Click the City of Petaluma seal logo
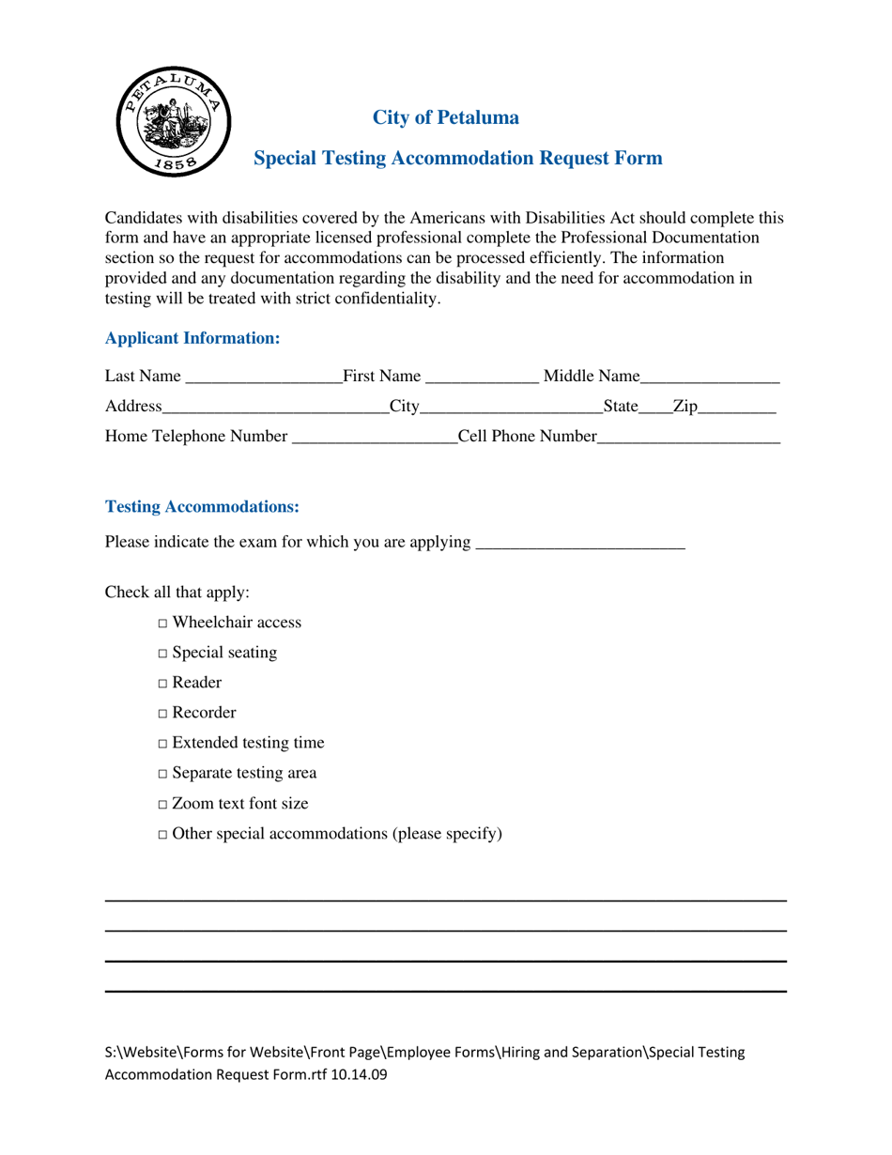pyautogui.click(x=173, y=123)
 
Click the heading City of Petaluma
pyautogui.click(x=445, y=118)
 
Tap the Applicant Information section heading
pyautogui.click(x=192, y=338)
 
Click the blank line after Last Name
pyautogui.click(x=264, y=378)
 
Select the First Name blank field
pyautogui.click(x=482, y=378)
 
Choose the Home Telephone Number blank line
pyautogui.click(x=374, y=438)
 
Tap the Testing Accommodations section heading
pyautogui.click(x=202, y=507)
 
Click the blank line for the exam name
pyautogui.click(x=580, y=544)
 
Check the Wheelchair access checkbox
pyautogui.click(x=163, y=624)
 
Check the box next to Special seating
pyautogui.click(x=163, y=654)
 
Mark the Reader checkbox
pyautogui.click(x=163, y=684)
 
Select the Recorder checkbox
pyautogui.click(x=163, y=714)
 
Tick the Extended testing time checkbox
pyautogui.click(x=163, y=744)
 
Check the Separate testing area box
pyautogui.click(x=163, y=774)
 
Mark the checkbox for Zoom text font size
pyautogui.click(x=163, y=805)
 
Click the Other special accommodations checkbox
pyautogui.click(x=163, y=835)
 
